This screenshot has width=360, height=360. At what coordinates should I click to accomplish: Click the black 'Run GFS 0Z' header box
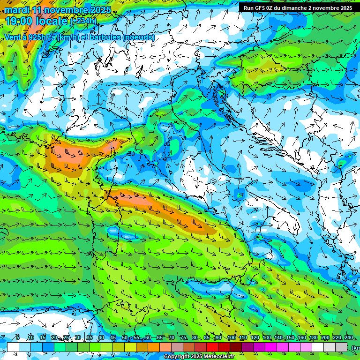coord(298,7)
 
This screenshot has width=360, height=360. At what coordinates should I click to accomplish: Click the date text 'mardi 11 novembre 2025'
coord(58,10)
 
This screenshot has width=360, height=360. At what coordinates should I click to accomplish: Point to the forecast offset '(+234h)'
coord(83,21)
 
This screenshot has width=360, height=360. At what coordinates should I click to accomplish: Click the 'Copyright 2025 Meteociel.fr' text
coord(199,357)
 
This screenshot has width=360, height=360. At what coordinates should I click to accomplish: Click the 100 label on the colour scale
coord(231,338)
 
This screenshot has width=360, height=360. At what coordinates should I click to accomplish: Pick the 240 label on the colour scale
coord(348,338)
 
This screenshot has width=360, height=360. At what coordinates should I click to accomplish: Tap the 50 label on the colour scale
coord(125,338)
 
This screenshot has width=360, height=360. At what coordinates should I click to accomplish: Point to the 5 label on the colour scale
coord(18,338)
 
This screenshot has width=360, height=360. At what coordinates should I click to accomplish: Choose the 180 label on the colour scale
coord(313,338)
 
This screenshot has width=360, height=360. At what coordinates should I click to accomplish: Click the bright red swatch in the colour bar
coord(213,347)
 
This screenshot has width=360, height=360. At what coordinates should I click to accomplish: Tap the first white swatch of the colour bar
coord(13,347)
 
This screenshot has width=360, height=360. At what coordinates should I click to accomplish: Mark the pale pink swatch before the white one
coord(307,347)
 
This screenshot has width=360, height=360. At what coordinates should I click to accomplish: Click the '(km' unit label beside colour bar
coord(355,347)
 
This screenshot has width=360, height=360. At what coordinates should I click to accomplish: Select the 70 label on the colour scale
coord(172,338)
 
